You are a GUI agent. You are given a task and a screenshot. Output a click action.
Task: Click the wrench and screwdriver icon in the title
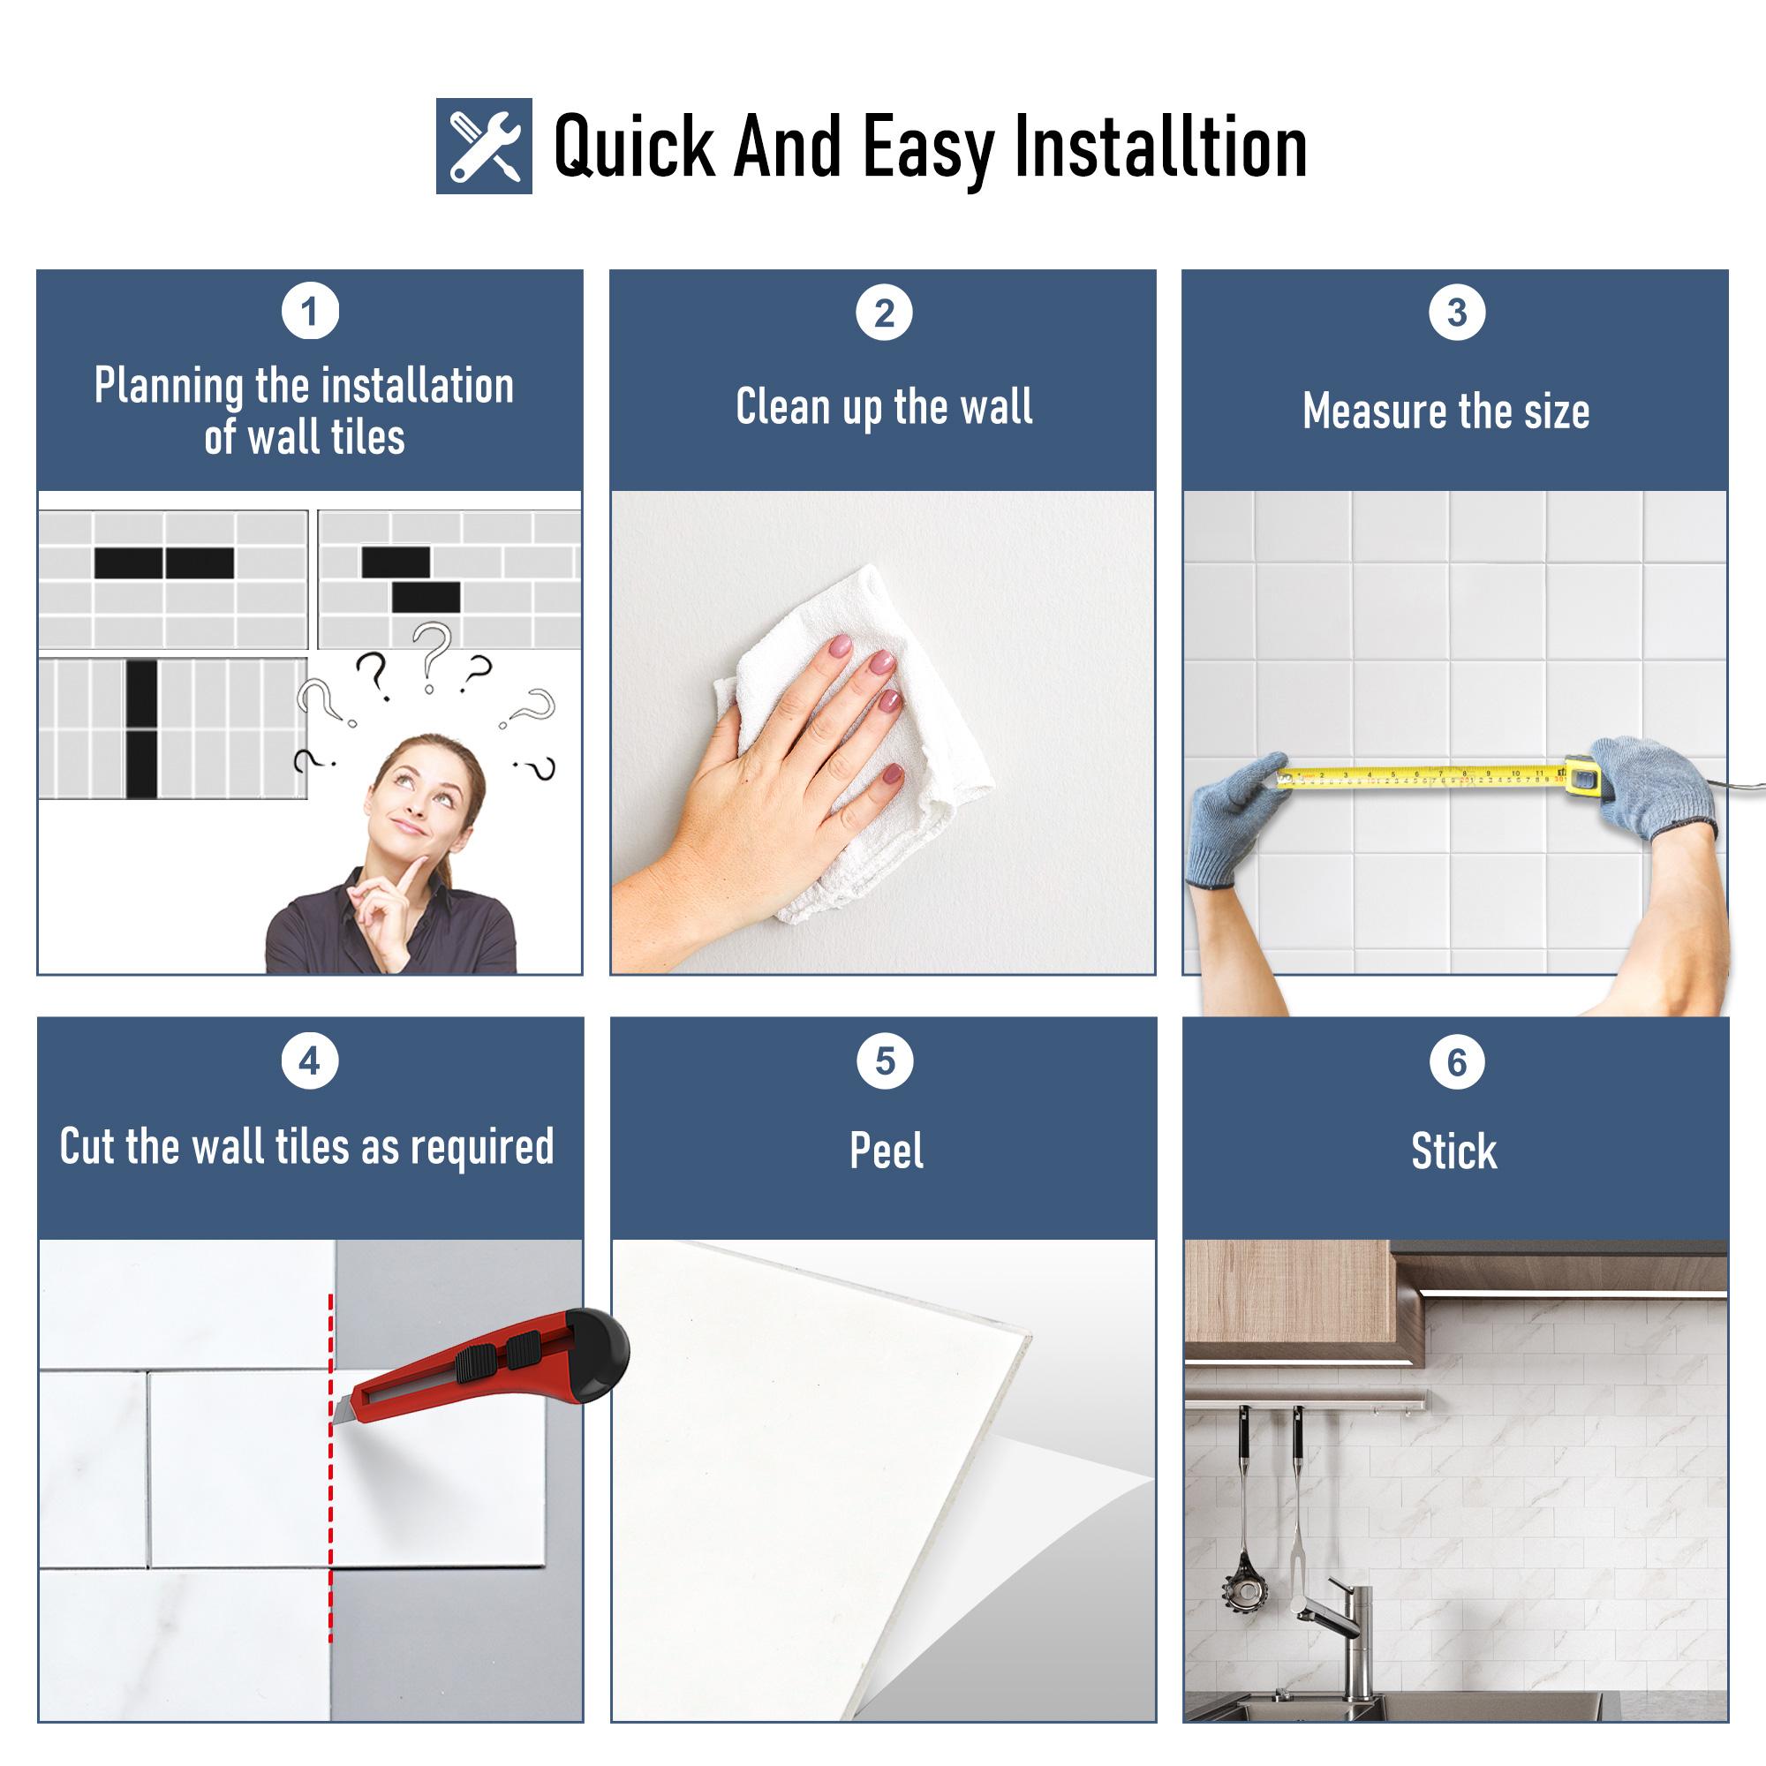coord(484,146)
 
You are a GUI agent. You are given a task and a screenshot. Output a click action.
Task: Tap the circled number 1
coord(310,313)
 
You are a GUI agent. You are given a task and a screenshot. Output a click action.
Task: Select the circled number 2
coord(884,313)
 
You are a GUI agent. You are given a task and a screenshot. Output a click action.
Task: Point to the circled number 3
coord(1456,313)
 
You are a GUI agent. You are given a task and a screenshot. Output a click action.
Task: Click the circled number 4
coord(310,1061)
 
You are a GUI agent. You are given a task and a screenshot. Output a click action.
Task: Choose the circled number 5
coord(884,1061)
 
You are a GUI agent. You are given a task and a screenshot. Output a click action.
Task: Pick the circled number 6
coord(1456,1062)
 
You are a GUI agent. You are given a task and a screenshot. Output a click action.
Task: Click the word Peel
coord(886,1151)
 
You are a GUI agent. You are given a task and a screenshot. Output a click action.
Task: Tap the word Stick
coord(1454,1151)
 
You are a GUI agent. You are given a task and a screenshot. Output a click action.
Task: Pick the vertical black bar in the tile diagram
coord(141,728)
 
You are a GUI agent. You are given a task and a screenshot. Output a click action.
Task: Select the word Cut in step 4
coord(87,1146)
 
